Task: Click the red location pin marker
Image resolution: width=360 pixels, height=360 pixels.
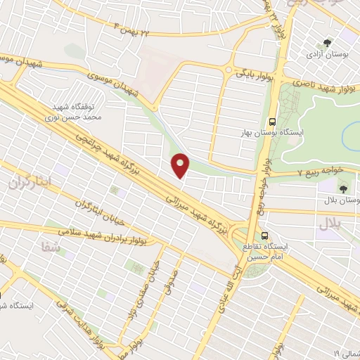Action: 181,165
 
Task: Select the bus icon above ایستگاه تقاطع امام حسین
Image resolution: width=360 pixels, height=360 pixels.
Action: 265,236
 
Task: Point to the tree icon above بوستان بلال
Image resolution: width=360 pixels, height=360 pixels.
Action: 342,188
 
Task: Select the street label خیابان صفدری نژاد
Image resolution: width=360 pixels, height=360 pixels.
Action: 140,286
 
